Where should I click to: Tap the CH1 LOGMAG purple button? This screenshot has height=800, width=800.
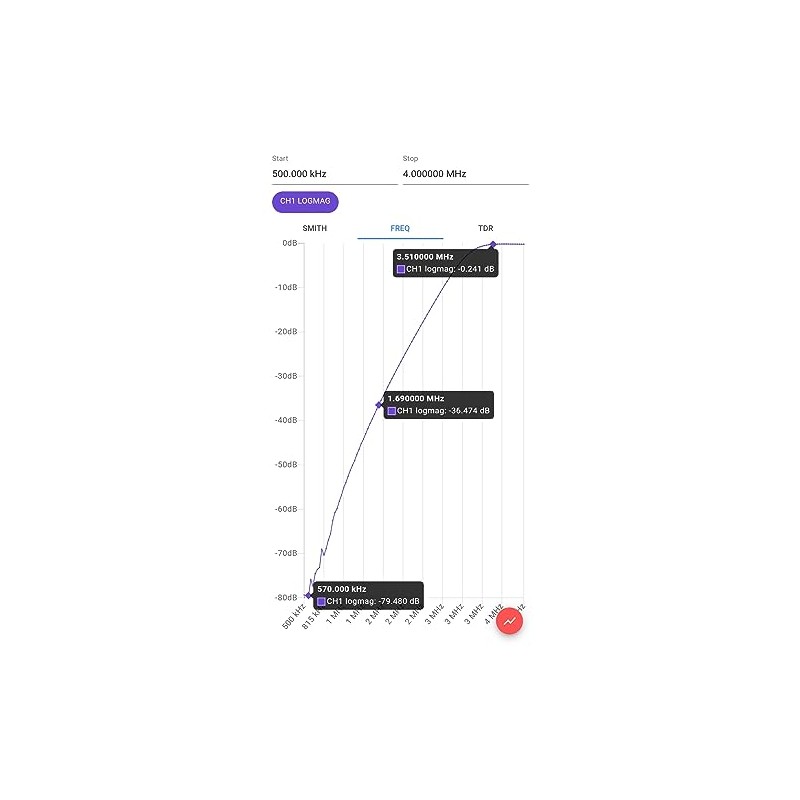[x=305, y=202]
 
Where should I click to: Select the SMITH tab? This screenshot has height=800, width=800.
[x=314, y=229]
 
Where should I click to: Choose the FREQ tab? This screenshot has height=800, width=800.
[x=400, y=229]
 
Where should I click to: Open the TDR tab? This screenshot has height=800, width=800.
[x=485, y=229]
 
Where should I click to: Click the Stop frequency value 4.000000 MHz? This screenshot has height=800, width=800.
[x=434, y=174]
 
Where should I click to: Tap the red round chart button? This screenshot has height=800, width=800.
[x=510, y=621]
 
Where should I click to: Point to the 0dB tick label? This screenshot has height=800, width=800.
[x=289, y=243]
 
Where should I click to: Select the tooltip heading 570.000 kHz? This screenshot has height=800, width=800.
[x=341, y=589]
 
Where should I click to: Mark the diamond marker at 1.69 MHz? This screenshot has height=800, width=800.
[x=379, y=404]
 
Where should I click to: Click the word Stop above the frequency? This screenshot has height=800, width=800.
[x=410, y=158]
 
